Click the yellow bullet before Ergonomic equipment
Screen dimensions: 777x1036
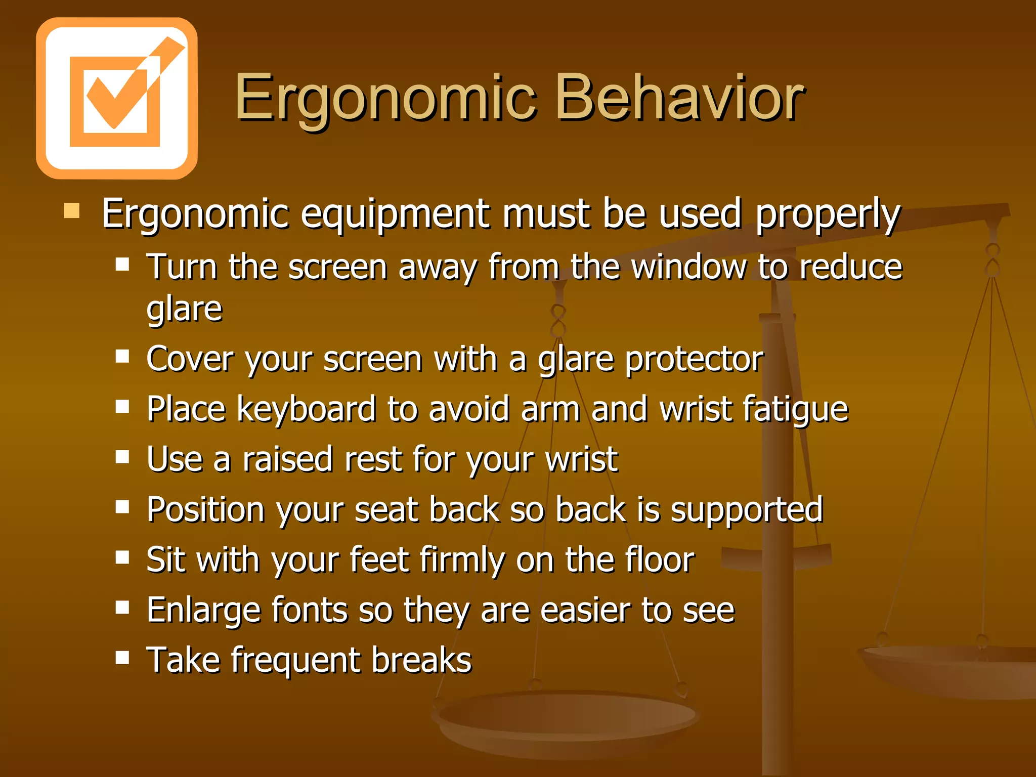click(72, 210)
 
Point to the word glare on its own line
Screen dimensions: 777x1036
click(184, 309)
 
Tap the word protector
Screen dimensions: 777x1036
click(694, 360)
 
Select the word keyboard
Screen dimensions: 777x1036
click(306, 409)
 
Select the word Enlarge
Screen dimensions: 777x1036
click(203, 611)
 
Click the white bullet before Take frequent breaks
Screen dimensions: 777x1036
click(122, 658)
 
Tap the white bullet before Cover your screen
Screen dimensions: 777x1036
click(122, 357)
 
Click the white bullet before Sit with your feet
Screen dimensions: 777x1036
click(122, 557)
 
